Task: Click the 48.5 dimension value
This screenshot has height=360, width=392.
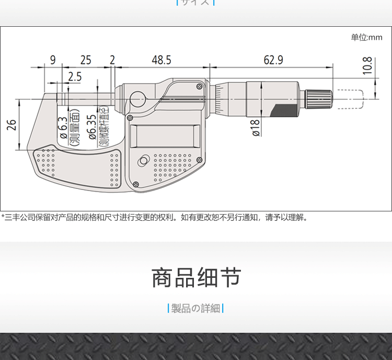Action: point(161,60)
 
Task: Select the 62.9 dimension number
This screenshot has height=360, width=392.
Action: point(273,60)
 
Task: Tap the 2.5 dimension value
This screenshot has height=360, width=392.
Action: point(75,76)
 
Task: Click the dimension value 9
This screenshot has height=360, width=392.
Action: point(52,60)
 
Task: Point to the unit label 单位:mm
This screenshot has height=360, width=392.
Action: point(366,38)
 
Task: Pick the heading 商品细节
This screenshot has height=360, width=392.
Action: point(196,278)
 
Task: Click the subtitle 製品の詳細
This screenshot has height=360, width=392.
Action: point(196,308)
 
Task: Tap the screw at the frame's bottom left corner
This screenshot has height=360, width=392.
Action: point(136,184)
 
